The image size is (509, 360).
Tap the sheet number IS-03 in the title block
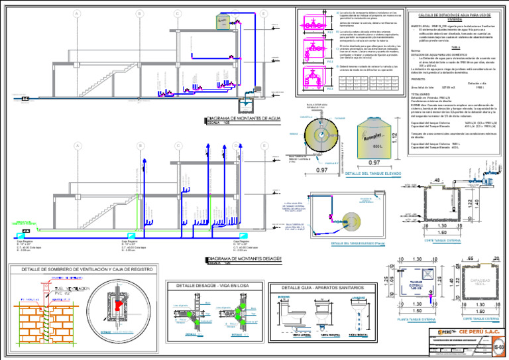501,345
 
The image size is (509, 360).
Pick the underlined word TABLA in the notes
456,48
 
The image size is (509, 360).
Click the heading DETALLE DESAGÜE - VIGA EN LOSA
207,286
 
